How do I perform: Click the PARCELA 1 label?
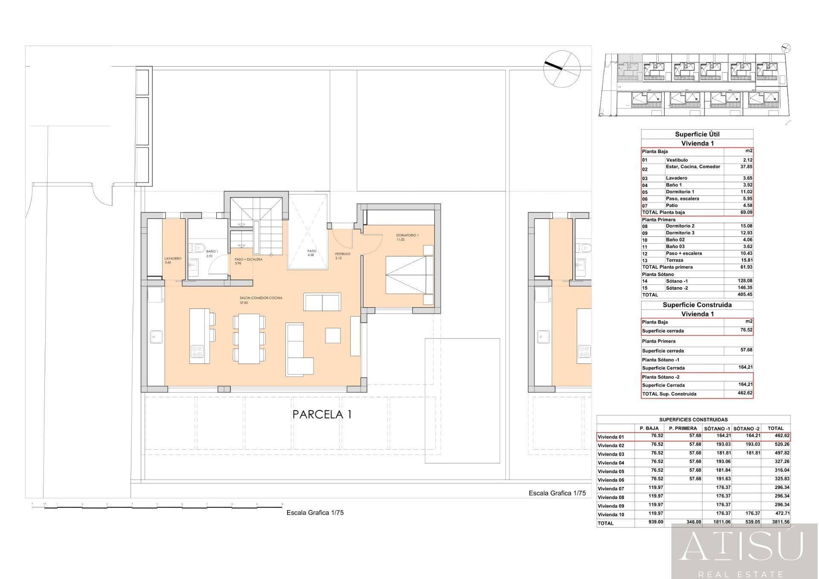point(322,414)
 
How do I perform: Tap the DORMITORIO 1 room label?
point(407,236)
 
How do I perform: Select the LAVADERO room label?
point(173,259)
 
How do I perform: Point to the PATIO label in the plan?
point(312,251)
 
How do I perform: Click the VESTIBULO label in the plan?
point(342,254)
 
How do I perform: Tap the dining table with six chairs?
point(249,339)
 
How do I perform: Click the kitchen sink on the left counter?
point(154,337)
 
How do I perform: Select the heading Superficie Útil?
point(697,134)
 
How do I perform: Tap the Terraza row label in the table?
point(674,260)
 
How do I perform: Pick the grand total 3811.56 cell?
point(781,522)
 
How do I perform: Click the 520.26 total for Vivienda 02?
point(781,445)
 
